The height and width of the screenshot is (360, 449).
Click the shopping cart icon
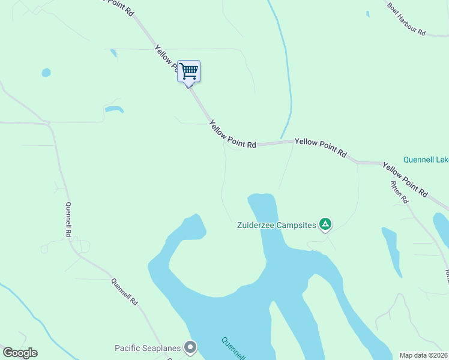point(189,71)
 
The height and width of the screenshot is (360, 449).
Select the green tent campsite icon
point(325,225)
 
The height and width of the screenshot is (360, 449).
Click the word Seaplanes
point(164,348)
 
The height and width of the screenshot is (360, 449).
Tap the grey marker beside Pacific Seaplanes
point(191,347)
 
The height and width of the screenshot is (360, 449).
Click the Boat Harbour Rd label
point(406,17)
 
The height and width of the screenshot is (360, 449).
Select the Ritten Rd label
point(399,192)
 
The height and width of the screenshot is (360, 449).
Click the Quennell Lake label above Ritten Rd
point(426,160)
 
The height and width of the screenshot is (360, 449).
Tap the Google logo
point(20,353)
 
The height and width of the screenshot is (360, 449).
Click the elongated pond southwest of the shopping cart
point(113,109)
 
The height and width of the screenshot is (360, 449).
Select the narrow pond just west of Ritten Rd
point(391,249)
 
